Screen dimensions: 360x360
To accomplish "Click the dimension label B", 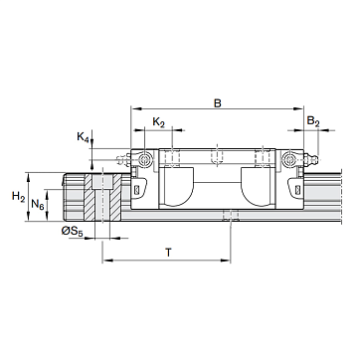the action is [217, 102].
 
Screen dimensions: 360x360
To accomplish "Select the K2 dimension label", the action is [159, 122].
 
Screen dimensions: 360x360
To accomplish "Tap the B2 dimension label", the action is [313, 121].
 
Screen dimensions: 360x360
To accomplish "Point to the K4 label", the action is [84, 137].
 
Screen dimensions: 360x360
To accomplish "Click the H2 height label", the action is [19, 197].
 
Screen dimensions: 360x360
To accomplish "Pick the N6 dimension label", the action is [38, 204].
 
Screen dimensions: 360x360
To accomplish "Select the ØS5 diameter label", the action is [72, 232].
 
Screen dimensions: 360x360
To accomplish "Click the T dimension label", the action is [169, 253].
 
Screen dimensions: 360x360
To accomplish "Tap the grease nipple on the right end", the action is [311, 160].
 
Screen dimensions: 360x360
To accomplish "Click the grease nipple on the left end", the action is [123, 160].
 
